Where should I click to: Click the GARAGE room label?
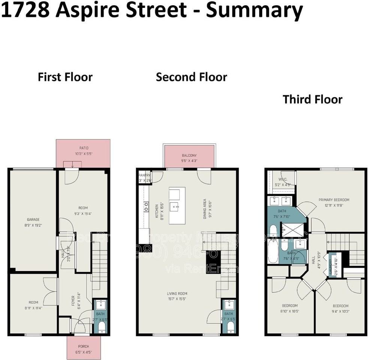(x=33, y=220)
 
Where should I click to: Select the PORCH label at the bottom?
(x=84, y=346)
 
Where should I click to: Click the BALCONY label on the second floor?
(x=189, y=156)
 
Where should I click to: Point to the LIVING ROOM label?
(x=177, y=294)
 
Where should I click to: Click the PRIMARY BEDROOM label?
(x=334, y=200)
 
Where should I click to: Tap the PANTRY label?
(x=144, y=175)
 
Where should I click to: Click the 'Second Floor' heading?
(x=191, y=77)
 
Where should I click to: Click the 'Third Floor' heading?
(x=312, y=100)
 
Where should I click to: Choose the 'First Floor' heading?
(x=65, y=77)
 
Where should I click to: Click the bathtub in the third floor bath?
(x=273, y=252)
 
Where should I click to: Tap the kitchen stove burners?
(x=146, y=206)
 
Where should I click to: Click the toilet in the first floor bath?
(x=101, y=327)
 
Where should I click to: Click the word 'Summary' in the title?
(x=254, y=10)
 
